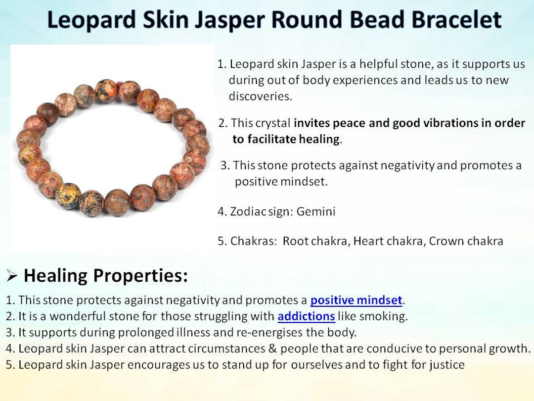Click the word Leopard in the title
pos(91,20)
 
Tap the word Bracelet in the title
pos(456,19)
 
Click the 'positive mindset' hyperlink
pos(356,300)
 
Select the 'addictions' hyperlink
pos(306,316)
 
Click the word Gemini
pos(316,211)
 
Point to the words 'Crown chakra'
pos(466,241)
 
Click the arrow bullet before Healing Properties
pos(12,276)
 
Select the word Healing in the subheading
pos(55,276)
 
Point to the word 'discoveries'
pos(260,96)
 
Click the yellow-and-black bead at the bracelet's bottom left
pos(68,196)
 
